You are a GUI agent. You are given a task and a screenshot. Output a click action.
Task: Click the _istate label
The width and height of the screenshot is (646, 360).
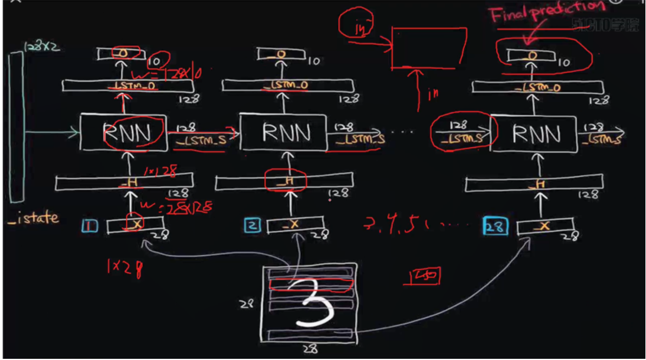[34, 218]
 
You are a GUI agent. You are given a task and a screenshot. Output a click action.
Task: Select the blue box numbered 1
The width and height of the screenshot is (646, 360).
[90, 225]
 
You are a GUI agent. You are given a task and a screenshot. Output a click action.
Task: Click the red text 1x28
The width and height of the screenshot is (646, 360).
[124, 269]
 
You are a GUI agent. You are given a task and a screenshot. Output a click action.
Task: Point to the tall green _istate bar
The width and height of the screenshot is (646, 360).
[17, 127]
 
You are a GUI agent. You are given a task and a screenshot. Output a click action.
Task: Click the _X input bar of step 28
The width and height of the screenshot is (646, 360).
[545, 227]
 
